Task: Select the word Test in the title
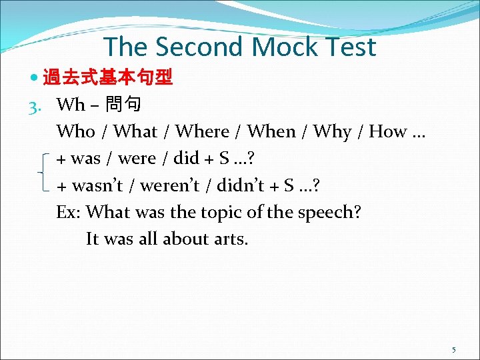(349, 47)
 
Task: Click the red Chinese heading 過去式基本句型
(108, 79)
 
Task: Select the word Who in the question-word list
(75, 132)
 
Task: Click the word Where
(202, 132)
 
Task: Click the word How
(387, 132)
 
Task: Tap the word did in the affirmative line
(186, 159)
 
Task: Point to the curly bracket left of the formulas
(44, 172)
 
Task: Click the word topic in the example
(219, 212)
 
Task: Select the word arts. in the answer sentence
(231, 239)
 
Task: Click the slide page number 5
(453, 349)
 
